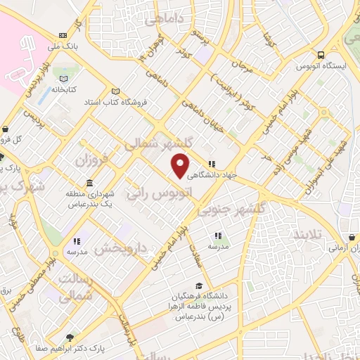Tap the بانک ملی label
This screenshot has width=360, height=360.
[62, 47]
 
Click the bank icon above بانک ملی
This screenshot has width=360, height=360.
[63, 36]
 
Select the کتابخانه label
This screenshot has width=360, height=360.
[63, 90]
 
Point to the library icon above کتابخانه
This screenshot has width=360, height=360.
[63, 79]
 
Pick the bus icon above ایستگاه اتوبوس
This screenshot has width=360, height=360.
[321, 54]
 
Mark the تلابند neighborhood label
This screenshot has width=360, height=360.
[309, 233]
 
